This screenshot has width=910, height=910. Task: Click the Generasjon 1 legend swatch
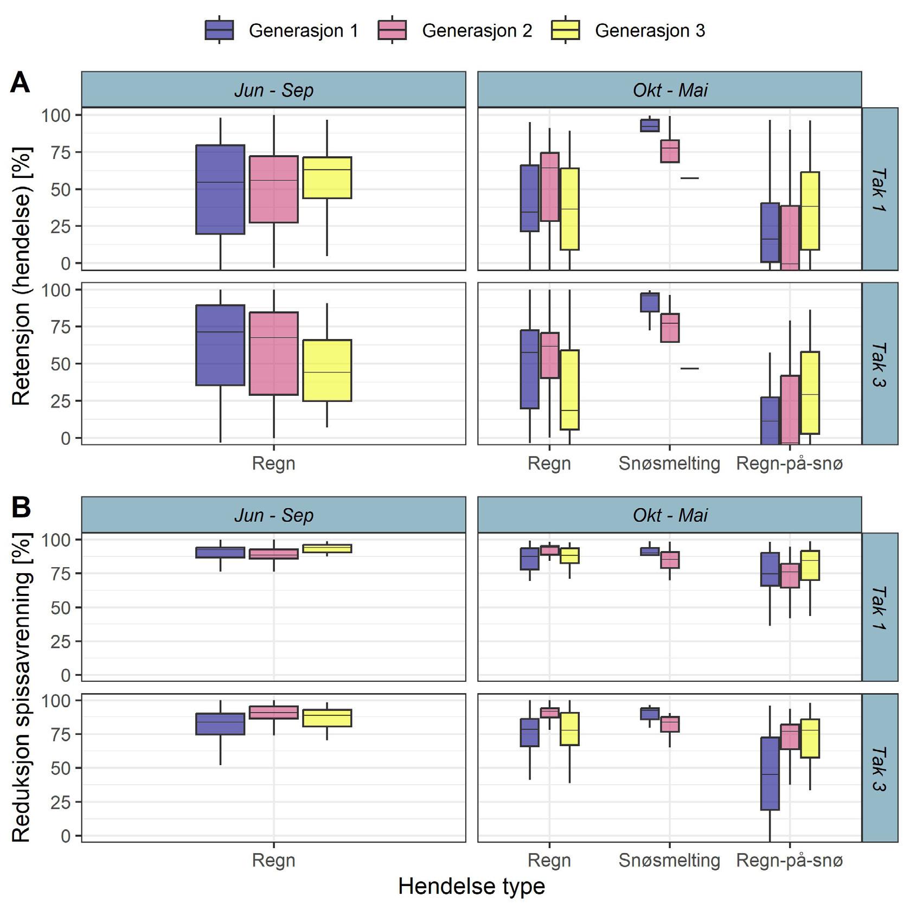pyautogui.click(x=219, y=30)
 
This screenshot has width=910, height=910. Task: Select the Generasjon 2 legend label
pyautogui.click(x=477, y=31)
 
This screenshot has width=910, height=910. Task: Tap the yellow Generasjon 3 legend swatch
pyautogui.click(x=565, y=30)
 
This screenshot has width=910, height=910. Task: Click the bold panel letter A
pyautogui.click(x=20, y=83)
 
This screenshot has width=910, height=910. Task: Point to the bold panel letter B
pyautogui.click(x=21, y=508)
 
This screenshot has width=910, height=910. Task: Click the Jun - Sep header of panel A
pyautogui.click(x=274, y=90)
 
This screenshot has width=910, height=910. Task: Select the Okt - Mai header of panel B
pyautogui.click(x=670, y=515)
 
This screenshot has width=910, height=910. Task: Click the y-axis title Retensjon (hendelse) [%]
pyautogui.click(x=21, y=276)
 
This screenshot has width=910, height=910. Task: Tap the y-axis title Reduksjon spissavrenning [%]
pyautogui.click(x=21, y=687)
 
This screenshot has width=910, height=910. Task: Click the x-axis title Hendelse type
pyautogui.click(x=471, y=886)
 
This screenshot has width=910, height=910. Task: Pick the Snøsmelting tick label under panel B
pyautogui.click(x=669, y=860)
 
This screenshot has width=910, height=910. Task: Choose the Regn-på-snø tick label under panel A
pyautogui.click(x=790, y=464)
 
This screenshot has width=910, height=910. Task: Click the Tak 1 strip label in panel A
pyautogui.click(x=880, y=189)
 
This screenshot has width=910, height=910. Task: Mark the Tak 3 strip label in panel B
pyautogui.click(x=880, y=768)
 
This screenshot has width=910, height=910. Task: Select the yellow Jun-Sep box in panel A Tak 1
pyautogui.click(x=327, y=178)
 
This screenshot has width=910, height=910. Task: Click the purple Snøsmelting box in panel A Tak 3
pyautogui.click(x=650, y=303)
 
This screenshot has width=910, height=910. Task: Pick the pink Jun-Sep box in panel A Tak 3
pyautogui.click(x=274, y=354)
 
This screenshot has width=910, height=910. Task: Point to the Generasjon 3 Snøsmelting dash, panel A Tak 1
pyautogui.click(x=690, y=178)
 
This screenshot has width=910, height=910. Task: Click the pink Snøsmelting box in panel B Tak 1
pyautogui.click(x=670, y=560)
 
